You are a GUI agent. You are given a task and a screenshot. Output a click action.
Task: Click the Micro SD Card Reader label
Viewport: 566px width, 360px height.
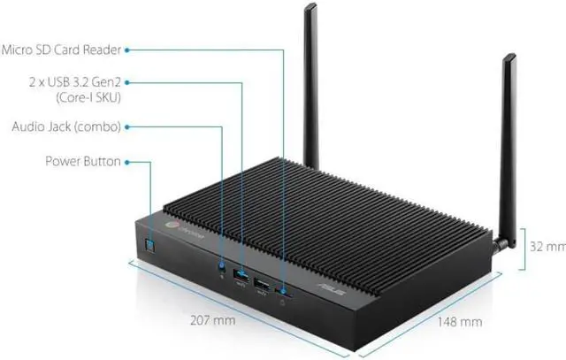tap(61, 50)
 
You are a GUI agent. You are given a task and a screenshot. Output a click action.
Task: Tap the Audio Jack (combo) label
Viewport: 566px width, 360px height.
tap(66, 126)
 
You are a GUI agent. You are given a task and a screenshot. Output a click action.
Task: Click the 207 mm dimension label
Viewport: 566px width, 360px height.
tap(214, 320)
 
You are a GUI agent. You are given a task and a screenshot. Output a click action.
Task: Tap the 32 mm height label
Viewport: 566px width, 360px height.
tap(547, 245)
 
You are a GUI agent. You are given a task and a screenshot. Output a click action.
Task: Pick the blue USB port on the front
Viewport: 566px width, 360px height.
tap(240, 277)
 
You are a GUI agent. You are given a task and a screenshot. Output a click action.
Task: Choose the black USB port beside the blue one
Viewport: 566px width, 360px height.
tap(263, 284)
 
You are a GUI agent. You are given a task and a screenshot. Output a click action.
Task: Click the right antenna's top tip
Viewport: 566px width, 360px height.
tap(510, 57)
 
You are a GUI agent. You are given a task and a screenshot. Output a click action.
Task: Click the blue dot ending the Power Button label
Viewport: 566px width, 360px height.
tap(128, 162)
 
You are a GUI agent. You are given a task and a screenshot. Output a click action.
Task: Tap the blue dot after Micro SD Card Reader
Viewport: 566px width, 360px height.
tap(128, 50)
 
